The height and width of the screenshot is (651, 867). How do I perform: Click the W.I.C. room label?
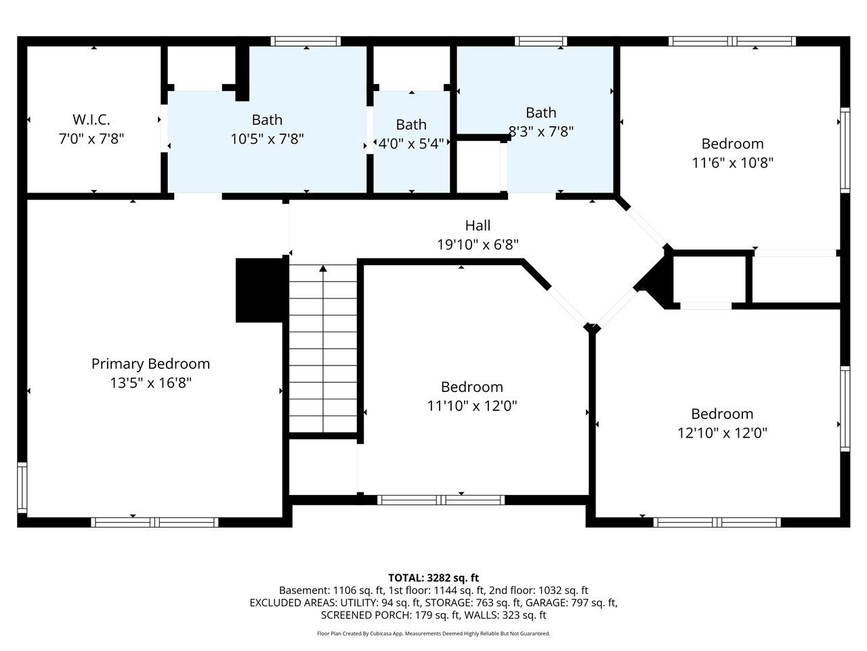[91, 120]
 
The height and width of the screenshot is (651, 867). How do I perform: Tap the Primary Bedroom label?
[150, 364]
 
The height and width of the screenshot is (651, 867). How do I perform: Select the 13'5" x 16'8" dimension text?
[150, 383]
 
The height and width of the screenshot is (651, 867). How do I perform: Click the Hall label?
[478, 226]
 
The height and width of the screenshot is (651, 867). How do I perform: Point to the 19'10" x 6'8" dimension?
[478, 245]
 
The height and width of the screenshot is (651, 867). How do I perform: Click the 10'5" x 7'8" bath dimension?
[267, 139]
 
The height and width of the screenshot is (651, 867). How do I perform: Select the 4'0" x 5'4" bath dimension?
[411, 144]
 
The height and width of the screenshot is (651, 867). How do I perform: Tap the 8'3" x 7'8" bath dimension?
[541, 132]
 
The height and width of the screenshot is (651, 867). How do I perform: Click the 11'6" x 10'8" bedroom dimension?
[732, 163]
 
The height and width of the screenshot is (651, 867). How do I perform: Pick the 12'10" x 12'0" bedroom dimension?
[722, 433]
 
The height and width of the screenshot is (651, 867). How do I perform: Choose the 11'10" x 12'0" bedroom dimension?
[471, 406]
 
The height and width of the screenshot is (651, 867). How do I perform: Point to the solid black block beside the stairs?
[259, 290]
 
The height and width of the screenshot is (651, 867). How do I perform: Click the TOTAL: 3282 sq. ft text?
[433, 578]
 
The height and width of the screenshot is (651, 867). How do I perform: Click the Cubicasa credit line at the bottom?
[433, 634]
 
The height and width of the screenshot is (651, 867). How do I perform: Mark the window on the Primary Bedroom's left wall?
[22, 488]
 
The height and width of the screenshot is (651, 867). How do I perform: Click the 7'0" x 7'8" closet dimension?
[91, 139]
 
